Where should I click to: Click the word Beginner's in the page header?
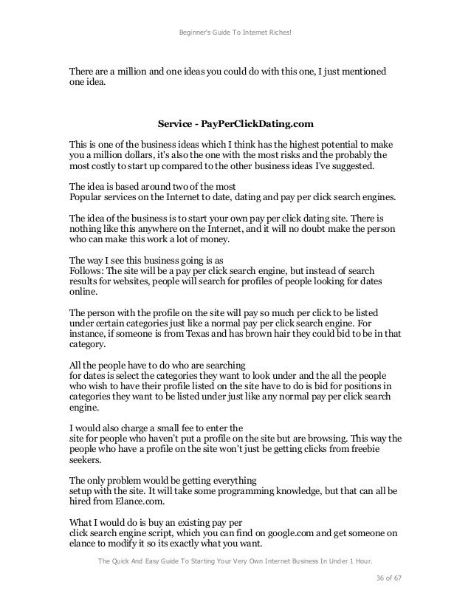click(194, 33)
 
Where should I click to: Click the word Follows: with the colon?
click(87, 272)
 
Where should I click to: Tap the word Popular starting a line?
click(88, 199)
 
